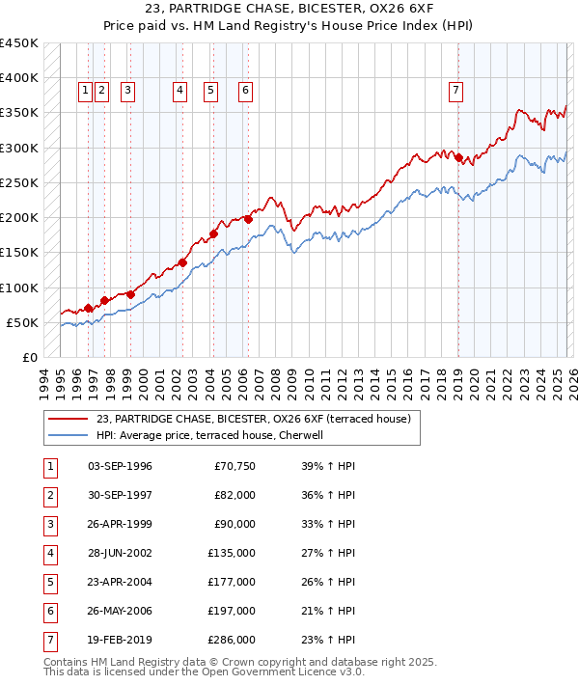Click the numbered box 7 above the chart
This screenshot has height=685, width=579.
pyautogui.click(x=455, y=91)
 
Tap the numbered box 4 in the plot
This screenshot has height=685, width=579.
pyautogui.click(x=180, y=91)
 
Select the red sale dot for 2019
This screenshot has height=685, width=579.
pyautogui.click(x=458, y=157)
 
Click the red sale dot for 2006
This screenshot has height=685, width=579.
pyautogui.click(x=248, y=219)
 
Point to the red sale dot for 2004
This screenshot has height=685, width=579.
pyautogui.click(x=213, y=233)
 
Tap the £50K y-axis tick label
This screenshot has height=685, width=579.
pyautogui.click(x=23, y=322)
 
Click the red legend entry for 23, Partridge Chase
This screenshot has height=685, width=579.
pyautogui.click(x=254, y=419)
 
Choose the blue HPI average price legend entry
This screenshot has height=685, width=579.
pyautogui.click(x=214, y=435)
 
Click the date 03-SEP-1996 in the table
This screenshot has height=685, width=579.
pyautogui.click(x=120, y=466)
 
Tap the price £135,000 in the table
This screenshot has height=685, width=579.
pyautogui.click(x=232, y=553)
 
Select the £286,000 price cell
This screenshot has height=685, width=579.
pyautogui.click(x=232, y=640)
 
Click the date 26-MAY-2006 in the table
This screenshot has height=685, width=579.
pyautogui.click(x=120, y=611)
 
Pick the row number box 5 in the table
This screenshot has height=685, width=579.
pyautogui.click(x=48, y=582)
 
